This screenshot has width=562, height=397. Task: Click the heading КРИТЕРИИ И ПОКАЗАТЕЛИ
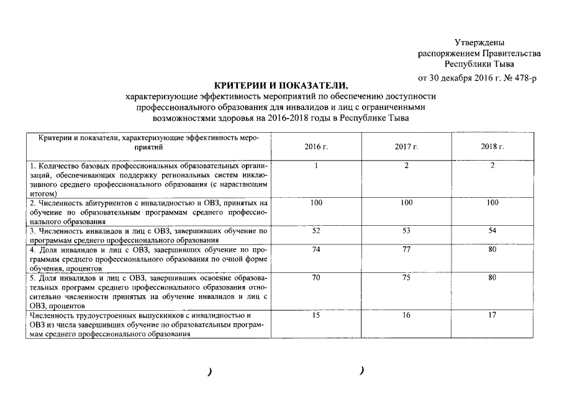click(x=281, y=85)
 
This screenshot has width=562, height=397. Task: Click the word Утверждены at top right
click(x=479, y=42)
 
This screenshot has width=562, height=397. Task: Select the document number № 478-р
click(x=518, y=77)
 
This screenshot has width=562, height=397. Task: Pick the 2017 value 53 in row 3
click(x=406, y=231)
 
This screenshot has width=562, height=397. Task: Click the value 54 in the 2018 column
click(x=492, y=231)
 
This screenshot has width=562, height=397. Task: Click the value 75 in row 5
click(x=406, y=278)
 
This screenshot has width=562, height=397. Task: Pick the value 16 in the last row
click(x=406, y=315)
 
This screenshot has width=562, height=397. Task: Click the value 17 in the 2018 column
click(x=492, y=315)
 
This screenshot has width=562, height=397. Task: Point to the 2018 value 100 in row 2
click(x=492, y=202)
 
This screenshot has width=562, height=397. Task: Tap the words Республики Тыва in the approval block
click(x=479, y=64)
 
